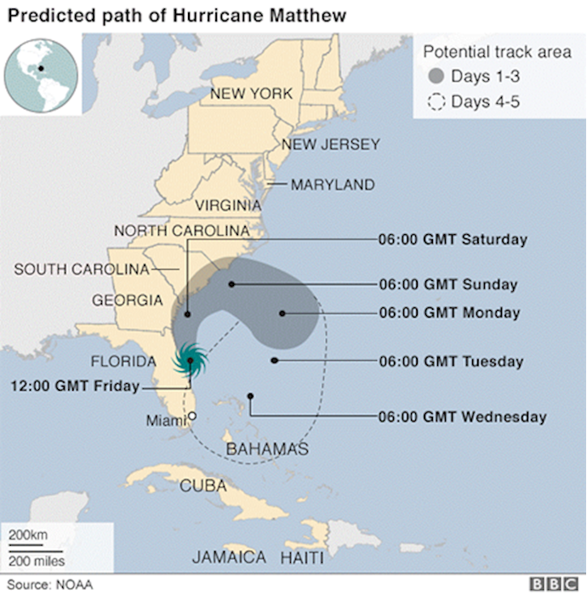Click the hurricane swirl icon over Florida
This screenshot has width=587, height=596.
(x=190, y=361)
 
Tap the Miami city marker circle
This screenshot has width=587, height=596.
(x=192, y=416)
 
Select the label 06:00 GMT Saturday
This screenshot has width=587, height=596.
(x=453, y=239)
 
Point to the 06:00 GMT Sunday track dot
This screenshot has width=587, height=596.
(x=231, y=284)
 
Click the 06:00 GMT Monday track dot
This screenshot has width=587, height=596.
(x=282, y=313)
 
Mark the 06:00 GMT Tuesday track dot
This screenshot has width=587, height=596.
(x=274, y=361)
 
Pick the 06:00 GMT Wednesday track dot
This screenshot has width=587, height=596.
(x=250, y=395)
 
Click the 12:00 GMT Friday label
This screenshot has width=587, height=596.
(x=74, y=386)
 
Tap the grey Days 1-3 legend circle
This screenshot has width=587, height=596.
(x=436, y=77)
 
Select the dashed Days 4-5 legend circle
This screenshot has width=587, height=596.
(x=436, y=103)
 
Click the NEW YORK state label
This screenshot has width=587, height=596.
(x=252, y=93)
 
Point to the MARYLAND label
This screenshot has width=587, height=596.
(x=333, y=184)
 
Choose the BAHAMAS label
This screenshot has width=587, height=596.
(x=266, y=449)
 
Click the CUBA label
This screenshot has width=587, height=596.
(x=203, y=485)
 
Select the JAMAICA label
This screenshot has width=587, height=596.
(x=228, y=558)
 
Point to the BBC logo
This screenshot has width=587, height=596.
(x=553, y=584)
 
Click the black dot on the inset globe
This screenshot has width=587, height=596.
(x=40, y=67)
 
